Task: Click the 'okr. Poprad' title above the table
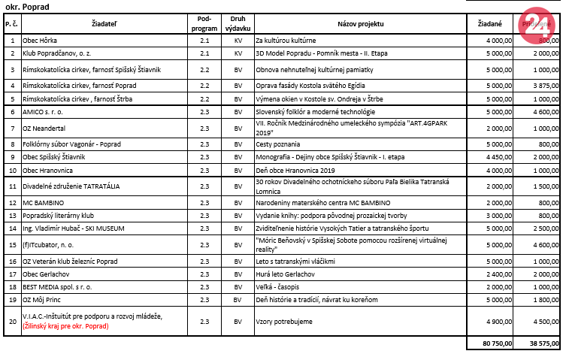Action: (x=27, y=6)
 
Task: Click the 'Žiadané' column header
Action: (x=491, y=25)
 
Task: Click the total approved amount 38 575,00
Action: (x=540, y=343)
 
